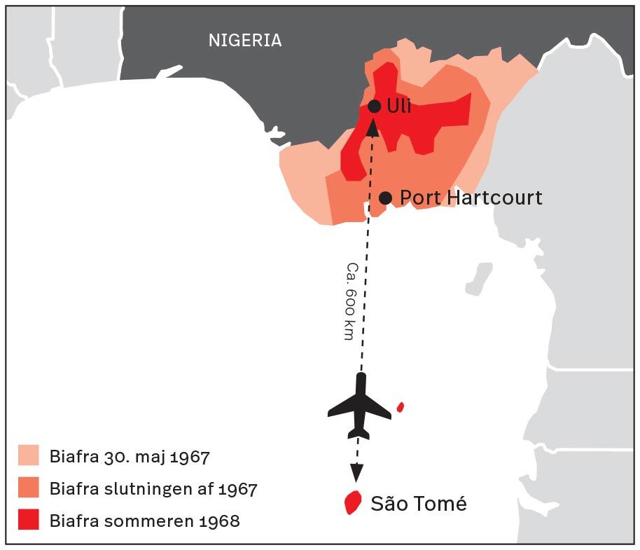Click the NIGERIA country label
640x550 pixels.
pos(245,41)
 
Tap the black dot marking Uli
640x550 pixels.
pos(375,106)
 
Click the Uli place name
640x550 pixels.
pos(399,106)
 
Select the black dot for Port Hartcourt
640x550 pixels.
pos(385,198)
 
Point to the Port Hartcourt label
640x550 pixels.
pos(471,198)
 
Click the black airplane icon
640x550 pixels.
pos(360,407)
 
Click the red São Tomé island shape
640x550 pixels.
pos(353,502)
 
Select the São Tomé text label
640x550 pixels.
pos(418,504)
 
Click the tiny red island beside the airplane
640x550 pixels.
pos(401,406)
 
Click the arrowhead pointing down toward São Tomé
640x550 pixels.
pos(357,474)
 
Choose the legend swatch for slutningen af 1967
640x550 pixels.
pos(29,488)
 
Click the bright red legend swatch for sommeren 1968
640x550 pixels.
pos(29,520)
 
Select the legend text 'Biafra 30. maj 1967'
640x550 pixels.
pos(130,458)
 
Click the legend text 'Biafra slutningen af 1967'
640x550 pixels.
pos(153,489)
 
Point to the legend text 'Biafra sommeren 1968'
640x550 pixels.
pos(144,521)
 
